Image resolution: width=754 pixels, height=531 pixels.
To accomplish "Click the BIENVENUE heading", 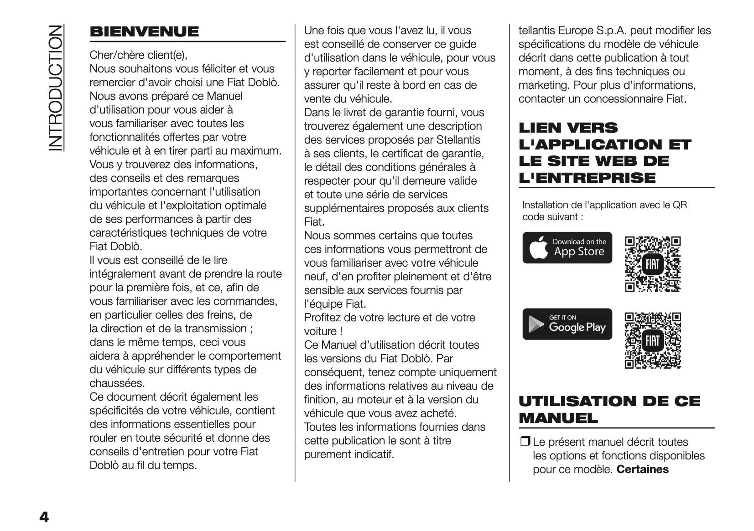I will click(144, 32).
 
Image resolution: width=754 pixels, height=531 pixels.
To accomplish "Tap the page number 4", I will click(44, 517).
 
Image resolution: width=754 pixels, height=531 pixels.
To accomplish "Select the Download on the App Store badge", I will click(567, 247).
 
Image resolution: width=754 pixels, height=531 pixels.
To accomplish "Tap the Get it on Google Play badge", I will click(567, 324).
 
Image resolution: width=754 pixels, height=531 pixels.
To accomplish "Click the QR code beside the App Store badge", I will click(652, 264).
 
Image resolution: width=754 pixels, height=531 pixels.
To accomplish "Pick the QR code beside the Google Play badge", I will click(652, 340).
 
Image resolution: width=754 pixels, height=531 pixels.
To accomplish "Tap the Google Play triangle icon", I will click(536, 325).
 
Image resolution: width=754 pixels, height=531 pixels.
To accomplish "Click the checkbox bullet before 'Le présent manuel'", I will click(525, 441).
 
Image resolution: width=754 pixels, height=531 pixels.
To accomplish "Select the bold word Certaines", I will click(642, 469).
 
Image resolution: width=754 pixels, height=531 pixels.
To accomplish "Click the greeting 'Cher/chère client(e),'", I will click(138, 55).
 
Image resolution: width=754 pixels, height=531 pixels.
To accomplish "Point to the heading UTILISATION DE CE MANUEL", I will click(609, 409).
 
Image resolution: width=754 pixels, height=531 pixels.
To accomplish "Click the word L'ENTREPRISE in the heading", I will click(587, 177).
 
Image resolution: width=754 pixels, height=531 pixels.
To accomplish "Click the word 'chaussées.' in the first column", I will click(117, 383).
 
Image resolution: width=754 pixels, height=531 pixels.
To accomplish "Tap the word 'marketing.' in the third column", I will click(544, 85).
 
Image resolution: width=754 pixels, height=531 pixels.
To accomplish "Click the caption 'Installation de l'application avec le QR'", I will click(604, 205).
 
